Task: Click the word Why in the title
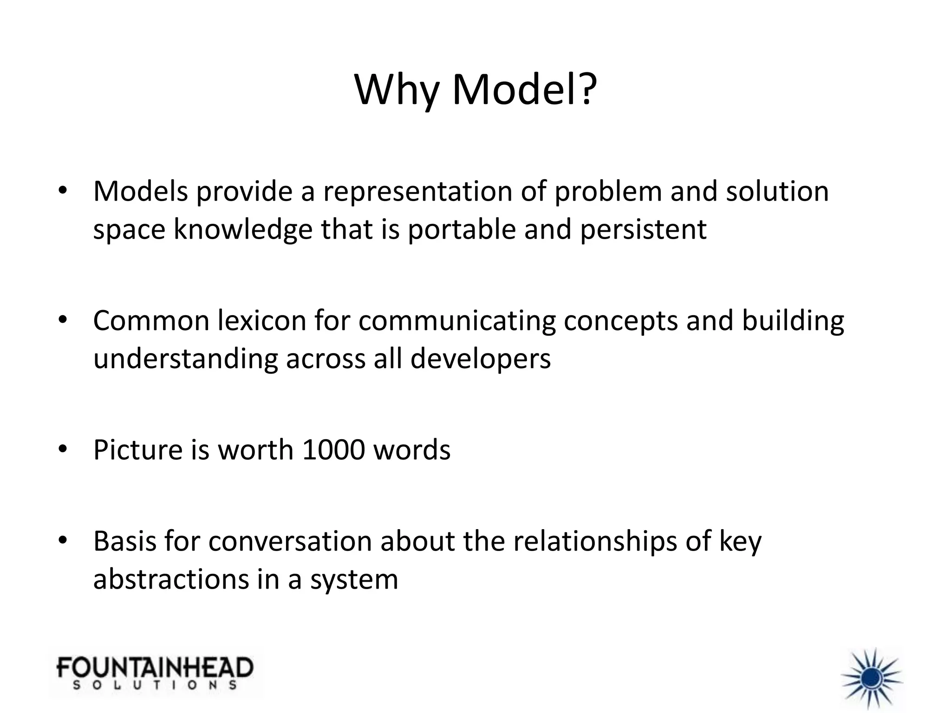[397, 90]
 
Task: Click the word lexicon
[261, 321]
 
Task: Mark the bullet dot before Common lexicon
[63, 320]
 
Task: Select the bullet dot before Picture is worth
[63, 449]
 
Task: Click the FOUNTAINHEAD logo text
[155, 668]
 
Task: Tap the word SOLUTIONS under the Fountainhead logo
[155, 685]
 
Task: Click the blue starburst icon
[872, 679]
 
